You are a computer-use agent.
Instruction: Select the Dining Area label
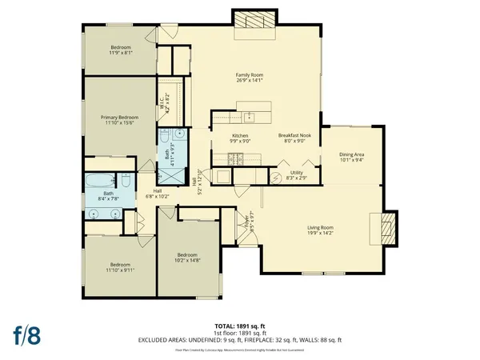coord(352,154)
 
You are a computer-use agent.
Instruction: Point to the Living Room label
coord(320,229)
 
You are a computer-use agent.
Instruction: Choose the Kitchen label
coord(240,136)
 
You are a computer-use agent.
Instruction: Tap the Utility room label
coord(295,172)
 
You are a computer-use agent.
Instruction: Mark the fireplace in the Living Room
coord(386,230)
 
